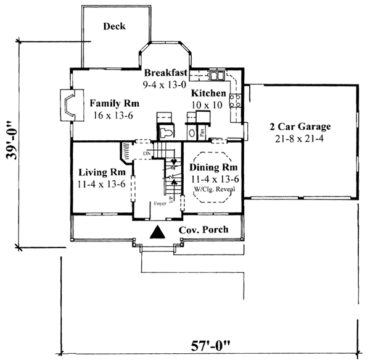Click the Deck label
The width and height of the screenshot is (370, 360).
[x=115, y=26]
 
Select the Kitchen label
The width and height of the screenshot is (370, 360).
[x=208, y=93]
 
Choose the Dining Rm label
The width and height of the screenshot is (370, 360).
[x=213, y=168]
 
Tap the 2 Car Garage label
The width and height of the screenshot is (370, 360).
[x=300, y=127]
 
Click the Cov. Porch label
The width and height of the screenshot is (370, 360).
[x=203, y=230]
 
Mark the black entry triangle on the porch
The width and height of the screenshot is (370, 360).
[x=158, y=233]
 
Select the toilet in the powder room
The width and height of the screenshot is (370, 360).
[x=166, y=132]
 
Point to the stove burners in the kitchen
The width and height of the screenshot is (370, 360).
[x=235, y=101]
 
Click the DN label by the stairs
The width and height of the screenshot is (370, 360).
[x=147, y=152]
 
